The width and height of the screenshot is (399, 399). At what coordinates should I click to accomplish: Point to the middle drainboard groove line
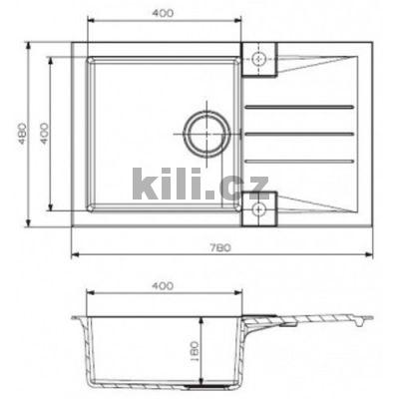point(299,132)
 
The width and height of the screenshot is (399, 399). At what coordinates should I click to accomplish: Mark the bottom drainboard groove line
point(299,160)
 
